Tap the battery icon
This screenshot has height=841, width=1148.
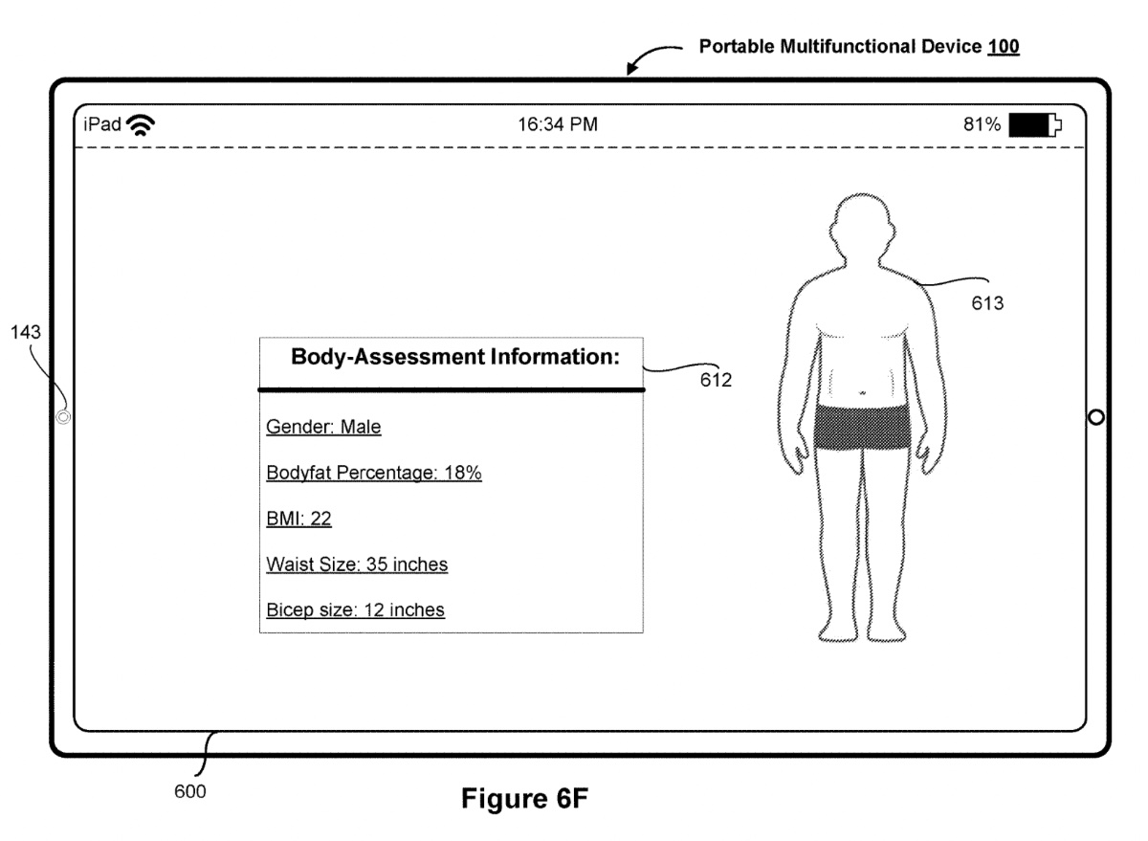[1034, 124]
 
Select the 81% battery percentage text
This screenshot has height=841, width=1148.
[982, 124]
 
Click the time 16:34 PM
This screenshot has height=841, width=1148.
[559, 124]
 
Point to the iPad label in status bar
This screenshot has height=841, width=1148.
[101, 124]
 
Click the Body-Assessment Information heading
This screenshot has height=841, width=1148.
[455, 359]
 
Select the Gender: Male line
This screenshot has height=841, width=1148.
[323, 428]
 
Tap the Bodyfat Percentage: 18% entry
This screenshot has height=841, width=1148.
[373, 474]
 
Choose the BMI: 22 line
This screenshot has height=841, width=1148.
[298, 519]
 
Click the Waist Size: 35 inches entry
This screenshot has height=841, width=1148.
[357, 564]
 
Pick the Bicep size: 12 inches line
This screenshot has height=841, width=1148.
[355, 609]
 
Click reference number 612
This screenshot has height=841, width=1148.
[715, 381]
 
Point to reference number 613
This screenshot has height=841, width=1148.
[986, 304]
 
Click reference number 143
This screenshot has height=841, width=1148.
[26, 333]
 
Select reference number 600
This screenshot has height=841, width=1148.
[189, 791]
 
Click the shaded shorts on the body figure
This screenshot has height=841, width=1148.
[861, 427]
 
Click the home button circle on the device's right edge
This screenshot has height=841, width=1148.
[1096, 417]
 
